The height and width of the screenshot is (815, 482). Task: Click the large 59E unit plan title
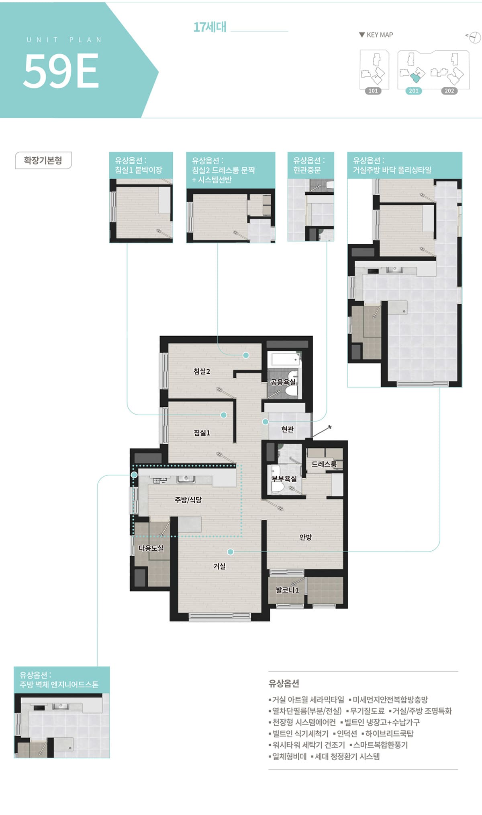click(x=61, y=71)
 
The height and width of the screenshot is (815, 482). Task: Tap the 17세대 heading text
click(x=210, y=27)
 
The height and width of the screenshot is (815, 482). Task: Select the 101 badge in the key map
click(x=373, y=91)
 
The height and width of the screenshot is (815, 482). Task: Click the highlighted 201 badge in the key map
click(x=414, y=91)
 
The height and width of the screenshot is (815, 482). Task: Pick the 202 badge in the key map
click(x=449, y=91)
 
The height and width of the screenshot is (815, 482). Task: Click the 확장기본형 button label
click(x=43, y=161)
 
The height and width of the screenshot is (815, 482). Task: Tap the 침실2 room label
click(x=202, y=371)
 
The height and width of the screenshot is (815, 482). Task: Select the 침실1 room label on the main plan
click(x=202, y=433)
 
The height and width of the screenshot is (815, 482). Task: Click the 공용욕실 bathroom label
click(x=283, y=382)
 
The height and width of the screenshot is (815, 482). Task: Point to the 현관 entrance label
click(x=287, y=429)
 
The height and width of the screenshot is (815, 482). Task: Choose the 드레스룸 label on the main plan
click(x=324, y=464)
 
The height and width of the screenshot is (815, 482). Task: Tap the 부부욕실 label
click(x=284, y=479)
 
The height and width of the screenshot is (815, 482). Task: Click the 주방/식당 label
click(x=188, y=500)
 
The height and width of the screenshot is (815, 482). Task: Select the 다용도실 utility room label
click(x=151, y=548)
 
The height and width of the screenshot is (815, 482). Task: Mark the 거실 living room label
click(x=219, y=566)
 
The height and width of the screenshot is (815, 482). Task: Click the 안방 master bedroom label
click(x=306, y=537)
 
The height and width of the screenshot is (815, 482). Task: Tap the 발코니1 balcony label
click(x=287, y=590)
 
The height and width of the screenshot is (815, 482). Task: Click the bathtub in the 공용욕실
click(x=285, y=359)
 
